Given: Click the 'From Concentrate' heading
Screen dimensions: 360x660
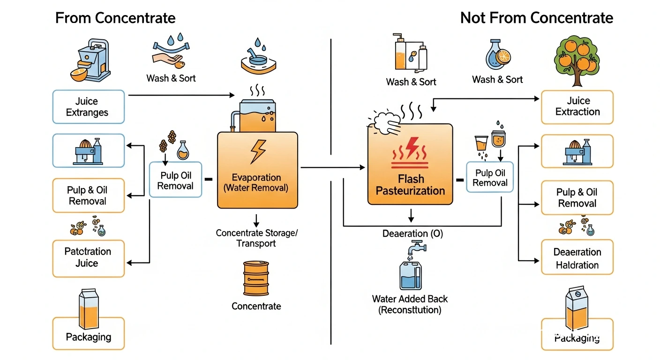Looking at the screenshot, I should [x=115, y=18].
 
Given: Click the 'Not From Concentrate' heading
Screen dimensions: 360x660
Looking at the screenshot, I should [x=536, y=18].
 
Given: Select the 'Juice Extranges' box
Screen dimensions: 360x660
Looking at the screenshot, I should [x=88, y=107].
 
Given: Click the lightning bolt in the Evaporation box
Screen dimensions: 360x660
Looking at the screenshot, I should [x=258, y=151].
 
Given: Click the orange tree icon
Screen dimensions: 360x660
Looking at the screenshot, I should [x=577, y=61].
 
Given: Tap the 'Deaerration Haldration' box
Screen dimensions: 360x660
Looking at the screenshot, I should [x=577, y=258].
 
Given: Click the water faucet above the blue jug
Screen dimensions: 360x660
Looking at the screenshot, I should [x=415, y=248].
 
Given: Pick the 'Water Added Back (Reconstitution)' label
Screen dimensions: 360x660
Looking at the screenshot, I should [x=410, y=304].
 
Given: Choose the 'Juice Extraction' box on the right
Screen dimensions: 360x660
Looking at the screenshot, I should [x=577, y=107].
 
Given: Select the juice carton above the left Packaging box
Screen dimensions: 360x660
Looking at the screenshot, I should [x=89, y=302].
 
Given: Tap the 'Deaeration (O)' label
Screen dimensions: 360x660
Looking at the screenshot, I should [x=412, y=233].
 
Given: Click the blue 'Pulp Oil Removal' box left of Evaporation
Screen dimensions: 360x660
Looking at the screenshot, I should [x=175, y=180].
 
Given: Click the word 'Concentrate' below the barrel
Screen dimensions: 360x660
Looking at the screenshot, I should [x=256, y=306].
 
